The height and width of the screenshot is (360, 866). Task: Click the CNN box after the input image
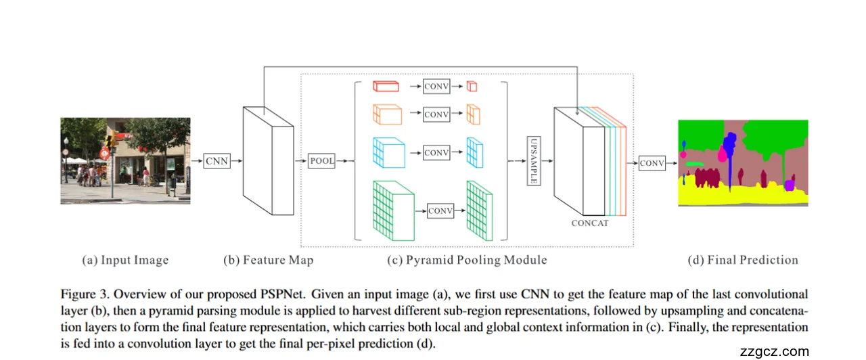[x=217, y=161]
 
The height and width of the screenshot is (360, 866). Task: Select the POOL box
[x=321, y=161]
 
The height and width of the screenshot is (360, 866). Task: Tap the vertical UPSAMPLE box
[x=533, y=160]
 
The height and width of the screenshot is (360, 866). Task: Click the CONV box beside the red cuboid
[x=436, y=87]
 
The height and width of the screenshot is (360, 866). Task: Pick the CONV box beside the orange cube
[x=436, y=114]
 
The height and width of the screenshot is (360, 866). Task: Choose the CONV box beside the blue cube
[x=436, y=153]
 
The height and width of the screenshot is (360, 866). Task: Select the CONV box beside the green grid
[x=440, y=211]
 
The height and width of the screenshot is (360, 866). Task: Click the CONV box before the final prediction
[x=652, y=163]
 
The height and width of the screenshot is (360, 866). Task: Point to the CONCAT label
[x=590, y=223]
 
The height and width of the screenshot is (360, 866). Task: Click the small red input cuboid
[x=386, y=87]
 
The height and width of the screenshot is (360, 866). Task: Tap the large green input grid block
[x=393, y=210]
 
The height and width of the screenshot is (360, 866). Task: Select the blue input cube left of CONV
[x=388, y=153]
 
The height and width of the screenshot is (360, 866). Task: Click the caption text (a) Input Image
[x=125, y=260]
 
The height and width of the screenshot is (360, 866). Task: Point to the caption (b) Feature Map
[x=269, y=260]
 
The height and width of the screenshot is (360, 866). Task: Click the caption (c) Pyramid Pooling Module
[x=467, y=260]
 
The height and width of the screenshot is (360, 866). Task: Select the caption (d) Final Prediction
[x=743, y=260]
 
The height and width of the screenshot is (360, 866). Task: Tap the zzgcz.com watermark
[x=774, y=351]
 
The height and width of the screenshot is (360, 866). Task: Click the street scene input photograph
[x=125, y=161]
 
